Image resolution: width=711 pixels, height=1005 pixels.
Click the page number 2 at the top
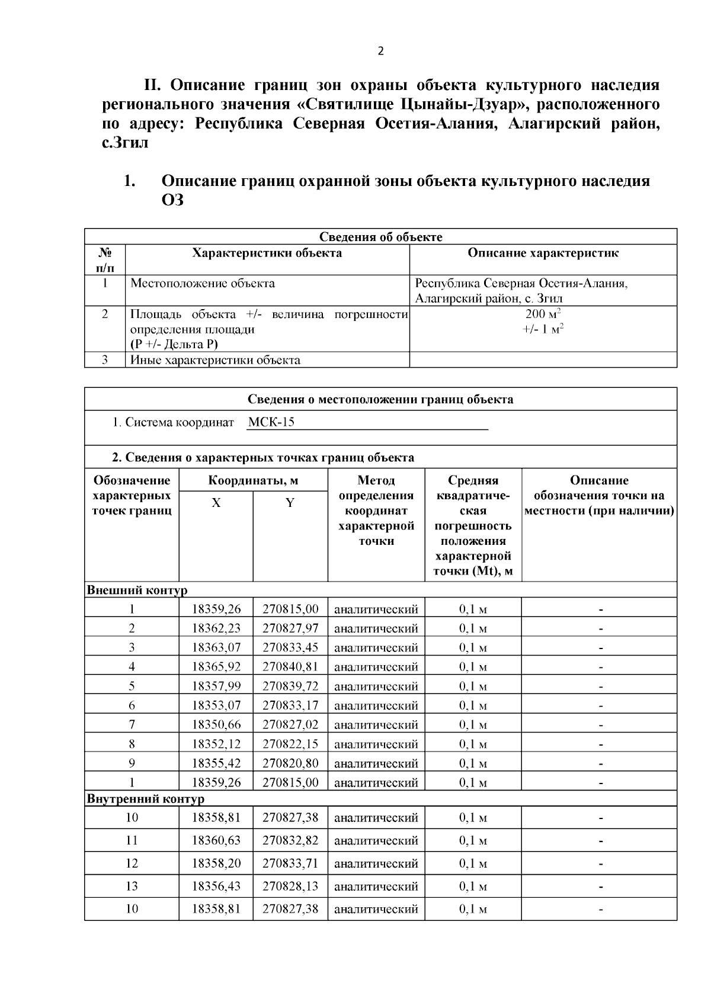(x=380, y=52)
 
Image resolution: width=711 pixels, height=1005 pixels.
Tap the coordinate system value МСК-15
(x=271, y=422)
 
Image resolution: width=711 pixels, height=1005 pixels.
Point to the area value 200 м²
(x=543, y=314)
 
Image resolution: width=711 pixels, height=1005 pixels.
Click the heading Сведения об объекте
(x=380, y=237)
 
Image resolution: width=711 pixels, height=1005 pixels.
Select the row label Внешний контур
(x=137, y=590)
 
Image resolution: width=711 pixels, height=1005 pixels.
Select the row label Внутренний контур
(x=146, y=798)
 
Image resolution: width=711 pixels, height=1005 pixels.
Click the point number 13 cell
(x=132, y=886)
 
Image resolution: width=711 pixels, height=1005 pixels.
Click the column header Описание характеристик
(x=543, y=253)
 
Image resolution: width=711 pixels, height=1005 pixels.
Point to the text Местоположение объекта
(x=203, y=283)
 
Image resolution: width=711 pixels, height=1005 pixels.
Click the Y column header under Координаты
(x=290, y=503)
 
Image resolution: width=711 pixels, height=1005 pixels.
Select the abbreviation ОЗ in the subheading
(x=172, y=200)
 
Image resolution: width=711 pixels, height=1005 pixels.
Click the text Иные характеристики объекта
(x=215, y=360)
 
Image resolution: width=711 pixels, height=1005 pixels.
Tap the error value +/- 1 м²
(x=543, y=329)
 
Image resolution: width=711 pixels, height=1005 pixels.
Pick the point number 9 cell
(x=132, y=763)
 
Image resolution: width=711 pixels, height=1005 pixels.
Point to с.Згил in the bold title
(x=125, y=143)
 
